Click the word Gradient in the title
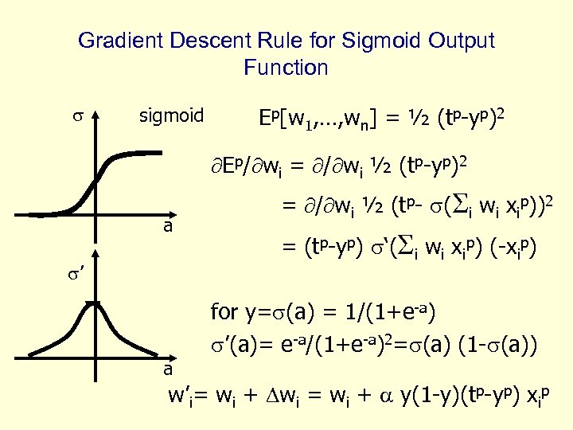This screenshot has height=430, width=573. (115, 41)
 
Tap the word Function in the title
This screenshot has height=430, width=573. (286, 68)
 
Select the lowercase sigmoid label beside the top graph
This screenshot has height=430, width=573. (171, 116)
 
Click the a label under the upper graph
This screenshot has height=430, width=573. (167, 226)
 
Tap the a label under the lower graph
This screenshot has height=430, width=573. (167, 369)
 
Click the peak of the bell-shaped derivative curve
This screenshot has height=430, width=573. (96, 303)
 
